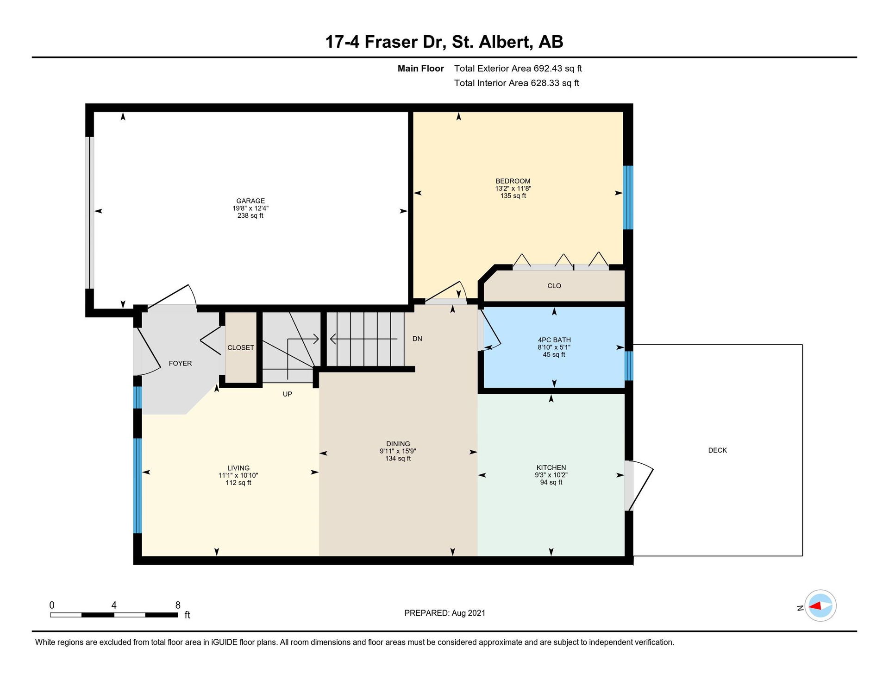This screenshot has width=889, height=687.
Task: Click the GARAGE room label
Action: pos(250,201)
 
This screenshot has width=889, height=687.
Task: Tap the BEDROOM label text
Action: pos(513,181)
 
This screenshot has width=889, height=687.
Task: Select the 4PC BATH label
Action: pos(554,340)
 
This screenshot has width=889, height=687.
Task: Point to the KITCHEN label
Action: pos(551,467)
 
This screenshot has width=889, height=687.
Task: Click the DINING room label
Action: pos(398,444)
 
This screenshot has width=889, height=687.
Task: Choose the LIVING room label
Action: pos(238,468)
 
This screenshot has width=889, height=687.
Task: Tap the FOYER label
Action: pos(180,363)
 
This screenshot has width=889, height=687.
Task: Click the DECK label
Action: pos(718,450)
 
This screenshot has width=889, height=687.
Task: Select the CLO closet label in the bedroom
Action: pos(554,286)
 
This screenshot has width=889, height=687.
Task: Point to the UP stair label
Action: pos(288,394)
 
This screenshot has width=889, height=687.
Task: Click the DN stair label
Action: pos(417,339)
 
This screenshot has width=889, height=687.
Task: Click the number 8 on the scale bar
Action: pos(178,605)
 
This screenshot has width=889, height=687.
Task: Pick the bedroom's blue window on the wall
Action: pos(628,198)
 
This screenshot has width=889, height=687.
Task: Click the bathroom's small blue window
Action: pos(628,366)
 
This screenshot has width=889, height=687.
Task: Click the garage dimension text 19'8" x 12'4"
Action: pos(250,208)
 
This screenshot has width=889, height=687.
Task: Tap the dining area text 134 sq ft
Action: pos(398,459)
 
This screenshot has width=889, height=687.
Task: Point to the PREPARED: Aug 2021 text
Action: pos(445,613)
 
